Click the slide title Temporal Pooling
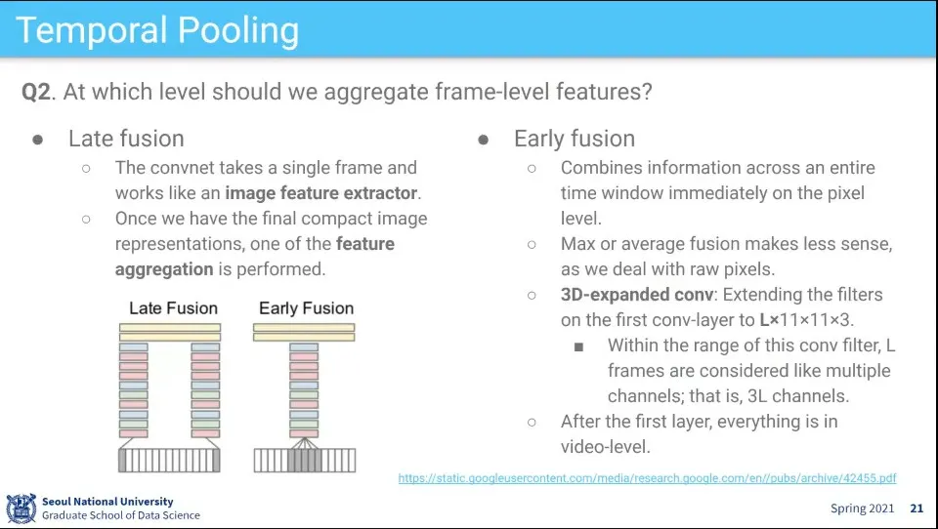157,30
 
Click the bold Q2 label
36,92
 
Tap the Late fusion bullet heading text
126,139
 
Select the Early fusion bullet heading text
575,139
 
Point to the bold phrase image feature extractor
321,193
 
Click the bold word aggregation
164,269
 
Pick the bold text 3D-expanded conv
637,295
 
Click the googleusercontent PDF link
647,478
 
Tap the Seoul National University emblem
21,509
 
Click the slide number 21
917,509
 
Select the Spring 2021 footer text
862,509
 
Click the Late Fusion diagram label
174,308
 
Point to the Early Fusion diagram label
306,308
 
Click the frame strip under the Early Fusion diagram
305,461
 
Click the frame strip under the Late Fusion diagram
169,461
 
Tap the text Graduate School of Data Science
121,515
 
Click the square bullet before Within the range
578,346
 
